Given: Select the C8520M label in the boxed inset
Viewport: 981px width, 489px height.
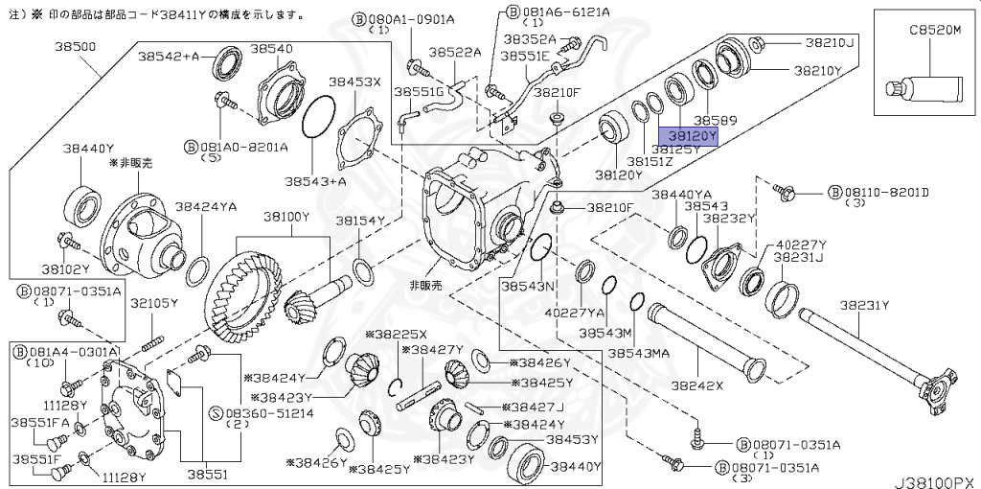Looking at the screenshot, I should click(934, 31).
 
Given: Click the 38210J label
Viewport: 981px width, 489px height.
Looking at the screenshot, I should click(829, 42).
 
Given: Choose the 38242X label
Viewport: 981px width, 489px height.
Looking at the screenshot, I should click(696, 387).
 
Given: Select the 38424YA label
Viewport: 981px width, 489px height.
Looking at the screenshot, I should click(204, 207).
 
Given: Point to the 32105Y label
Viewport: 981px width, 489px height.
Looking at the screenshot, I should click(154, 303).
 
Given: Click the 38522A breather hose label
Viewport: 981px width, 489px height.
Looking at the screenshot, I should click(454, 53).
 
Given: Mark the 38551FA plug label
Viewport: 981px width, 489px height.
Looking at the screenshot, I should click(38, 422).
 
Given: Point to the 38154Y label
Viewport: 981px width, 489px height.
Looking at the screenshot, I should click(359, 221).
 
